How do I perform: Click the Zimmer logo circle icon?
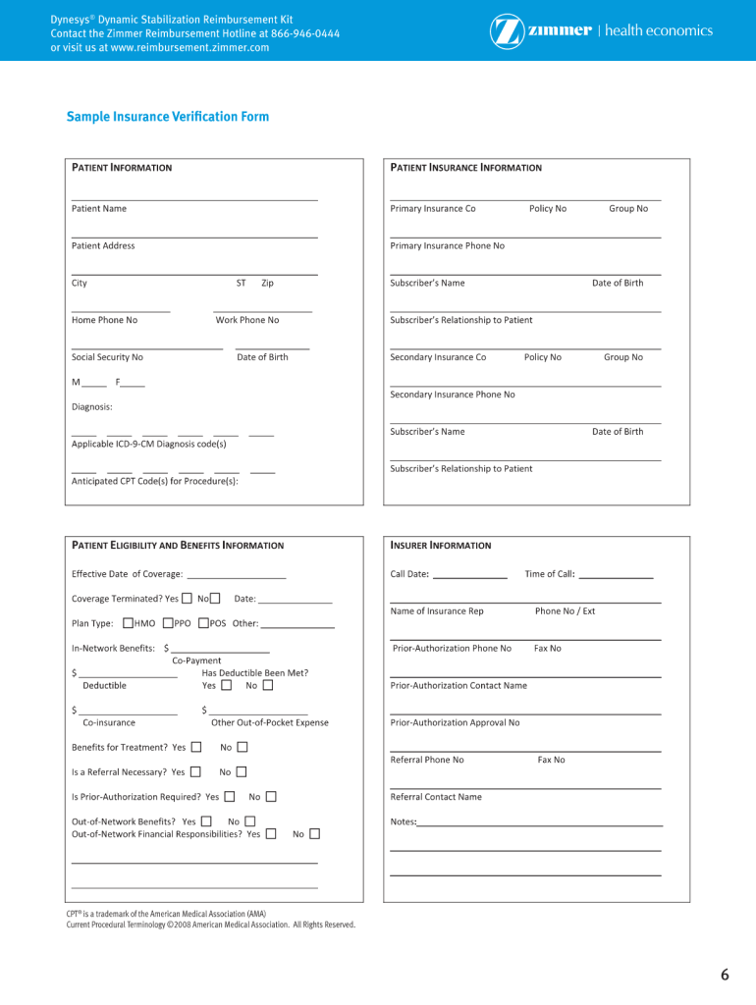507,31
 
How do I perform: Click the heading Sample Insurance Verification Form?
168,117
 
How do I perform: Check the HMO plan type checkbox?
128,622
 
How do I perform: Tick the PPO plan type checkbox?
168,622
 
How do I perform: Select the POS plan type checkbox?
203,622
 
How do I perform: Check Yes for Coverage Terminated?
187,598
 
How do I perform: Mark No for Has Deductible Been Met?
268,685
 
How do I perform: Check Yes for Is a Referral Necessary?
195,771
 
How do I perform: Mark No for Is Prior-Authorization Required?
271,797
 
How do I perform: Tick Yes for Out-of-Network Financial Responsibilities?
271,833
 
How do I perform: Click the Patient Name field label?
99,208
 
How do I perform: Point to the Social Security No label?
107,357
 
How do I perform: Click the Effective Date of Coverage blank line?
236,577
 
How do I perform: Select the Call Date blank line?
469,577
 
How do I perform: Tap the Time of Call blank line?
616,577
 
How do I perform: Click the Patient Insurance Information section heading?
465,168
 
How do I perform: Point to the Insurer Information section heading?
441,546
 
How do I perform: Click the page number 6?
725,975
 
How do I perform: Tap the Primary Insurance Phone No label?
447,245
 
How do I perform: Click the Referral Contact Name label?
436,797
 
